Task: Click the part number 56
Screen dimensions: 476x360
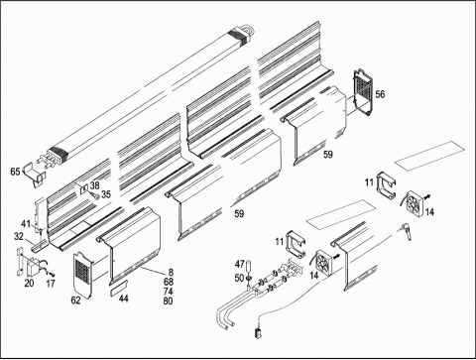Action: [x=380, y=94]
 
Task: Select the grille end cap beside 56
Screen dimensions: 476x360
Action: [x=363, y=92]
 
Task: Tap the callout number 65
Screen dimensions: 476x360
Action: [x=15, y=172]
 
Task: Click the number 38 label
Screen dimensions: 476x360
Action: [x=94, y=185]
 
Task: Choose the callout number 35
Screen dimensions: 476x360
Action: [x=106, y=194]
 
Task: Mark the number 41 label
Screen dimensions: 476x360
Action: [x=26, y=224]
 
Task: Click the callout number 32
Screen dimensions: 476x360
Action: [x=19, y=236]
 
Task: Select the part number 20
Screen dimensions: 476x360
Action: [x=29, y=283]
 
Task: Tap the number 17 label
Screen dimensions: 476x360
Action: [x=51, y=284]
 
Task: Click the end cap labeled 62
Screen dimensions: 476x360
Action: [x=82, y=275]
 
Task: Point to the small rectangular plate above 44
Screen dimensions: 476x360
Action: [x=119, y=285]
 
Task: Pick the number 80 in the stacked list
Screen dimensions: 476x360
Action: [x=168, y=301]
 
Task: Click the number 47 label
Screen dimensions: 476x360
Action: [x=240, y=265]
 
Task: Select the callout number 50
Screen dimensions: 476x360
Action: [x=239, y=278]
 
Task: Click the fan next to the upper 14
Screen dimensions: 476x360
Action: [x=414, y=201]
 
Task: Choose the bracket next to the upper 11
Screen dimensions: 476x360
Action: [x=386, y=185]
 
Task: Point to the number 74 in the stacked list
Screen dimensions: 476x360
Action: [x=168, y=292]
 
